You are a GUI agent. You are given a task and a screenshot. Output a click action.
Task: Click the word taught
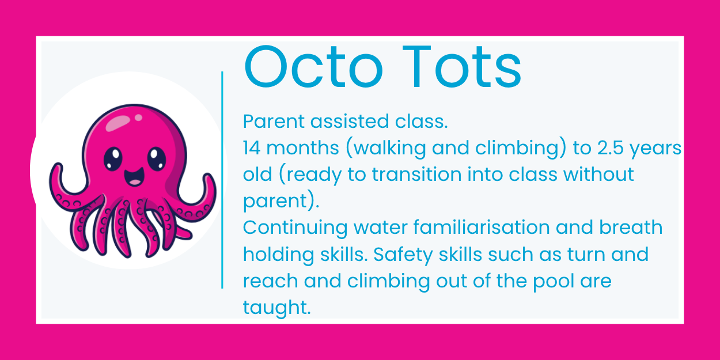(276, 308)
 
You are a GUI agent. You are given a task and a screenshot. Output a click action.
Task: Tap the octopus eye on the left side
(113, 156)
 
